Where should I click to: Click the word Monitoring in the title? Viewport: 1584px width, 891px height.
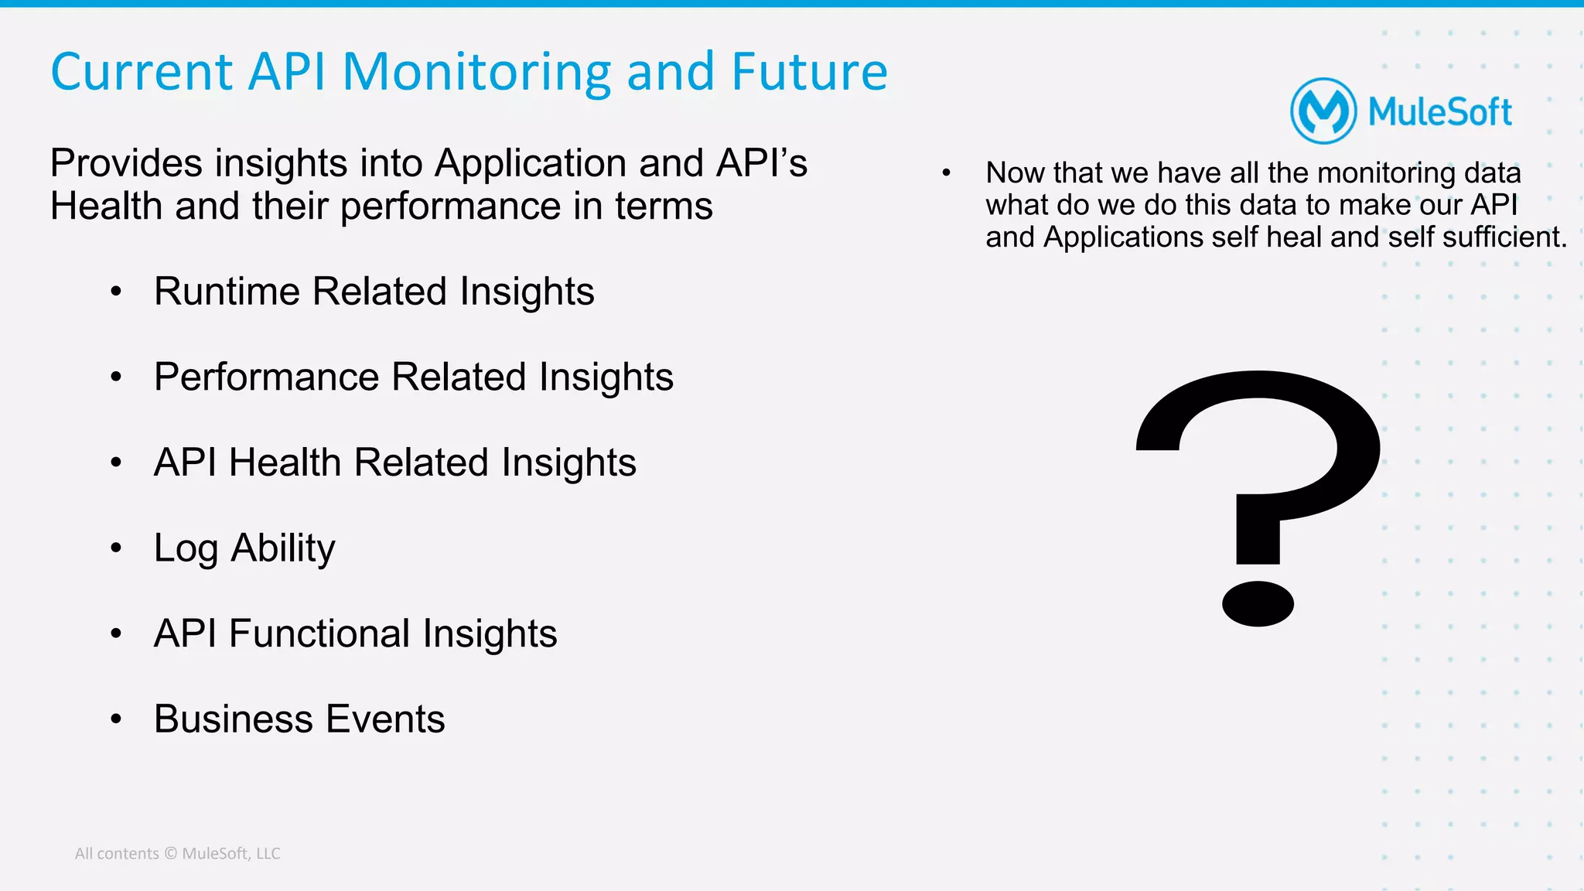point(477,72)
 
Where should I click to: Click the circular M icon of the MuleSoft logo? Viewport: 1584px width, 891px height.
point(1323,111)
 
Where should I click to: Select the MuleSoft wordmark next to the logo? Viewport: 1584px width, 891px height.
point(1439,112)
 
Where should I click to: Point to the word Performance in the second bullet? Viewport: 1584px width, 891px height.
point(266,377)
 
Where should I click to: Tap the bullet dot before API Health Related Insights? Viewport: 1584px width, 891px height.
point(116,463)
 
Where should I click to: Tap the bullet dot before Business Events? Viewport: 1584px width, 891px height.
point(116,720)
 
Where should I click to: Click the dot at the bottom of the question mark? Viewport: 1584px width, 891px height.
point(1258,603)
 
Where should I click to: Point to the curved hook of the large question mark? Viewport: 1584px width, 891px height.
point(1307,433)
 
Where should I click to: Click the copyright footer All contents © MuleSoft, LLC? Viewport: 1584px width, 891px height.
point(177,854)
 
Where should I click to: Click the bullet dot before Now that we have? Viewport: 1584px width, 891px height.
point(946,173)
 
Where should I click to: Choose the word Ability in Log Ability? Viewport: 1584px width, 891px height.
point(282,549)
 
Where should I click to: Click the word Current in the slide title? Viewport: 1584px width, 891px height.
point(142,72)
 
